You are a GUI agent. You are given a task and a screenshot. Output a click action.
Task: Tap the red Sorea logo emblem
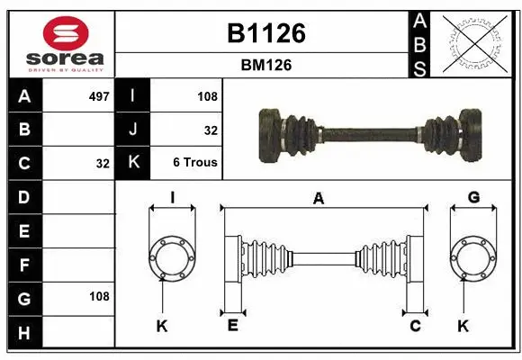[67, 33]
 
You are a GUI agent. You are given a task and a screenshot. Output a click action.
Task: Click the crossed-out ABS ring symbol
[474, 43]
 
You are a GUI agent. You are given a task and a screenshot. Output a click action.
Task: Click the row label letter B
[24, 130]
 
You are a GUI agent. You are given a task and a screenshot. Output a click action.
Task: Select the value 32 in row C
[103, 164]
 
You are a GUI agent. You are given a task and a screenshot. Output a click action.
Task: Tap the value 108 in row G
[99, 296]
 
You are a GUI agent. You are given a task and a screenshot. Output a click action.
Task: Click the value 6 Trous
[195, 164]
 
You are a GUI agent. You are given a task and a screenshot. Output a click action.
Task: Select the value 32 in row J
[211, 130]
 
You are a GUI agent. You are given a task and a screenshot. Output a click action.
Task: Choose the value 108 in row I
[207, 95]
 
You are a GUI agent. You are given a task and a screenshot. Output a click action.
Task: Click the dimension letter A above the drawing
[318, 199]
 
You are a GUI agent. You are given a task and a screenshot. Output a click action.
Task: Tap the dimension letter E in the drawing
[232, 326]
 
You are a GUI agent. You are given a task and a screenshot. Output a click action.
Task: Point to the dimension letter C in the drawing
[415, 326]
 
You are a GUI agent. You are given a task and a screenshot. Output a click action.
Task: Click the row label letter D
[24, 196]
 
